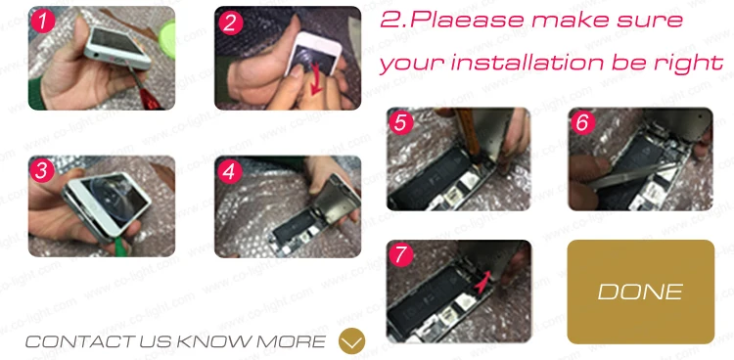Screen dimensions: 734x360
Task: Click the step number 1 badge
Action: click(x=43, y=22)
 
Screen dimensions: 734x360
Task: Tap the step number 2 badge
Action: click(x=230, y=22)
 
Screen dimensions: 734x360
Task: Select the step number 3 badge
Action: click(x=42, y=171)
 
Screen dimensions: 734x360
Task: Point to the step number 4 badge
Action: click(x=229, y=171)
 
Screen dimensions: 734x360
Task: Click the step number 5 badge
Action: click(x=401, y=123)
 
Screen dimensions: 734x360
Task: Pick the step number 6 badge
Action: click(x=583, y=122)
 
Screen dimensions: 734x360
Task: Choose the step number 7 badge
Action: click(x=401, y=255)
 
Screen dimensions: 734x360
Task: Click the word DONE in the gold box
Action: click(x=640, y=292)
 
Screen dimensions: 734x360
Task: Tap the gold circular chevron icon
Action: click(x=351, y=340)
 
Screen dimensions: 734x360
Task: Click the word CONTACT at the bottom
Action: click(x=80, y=341)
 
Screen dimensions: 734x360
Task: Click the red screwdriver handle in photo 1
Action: click(x=149, y=98)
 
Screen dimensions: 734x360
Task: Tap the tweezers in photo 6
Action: click(x=632, y=175)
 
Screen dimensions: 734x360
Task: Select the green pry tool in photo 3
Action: click(x=119, y=245)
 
